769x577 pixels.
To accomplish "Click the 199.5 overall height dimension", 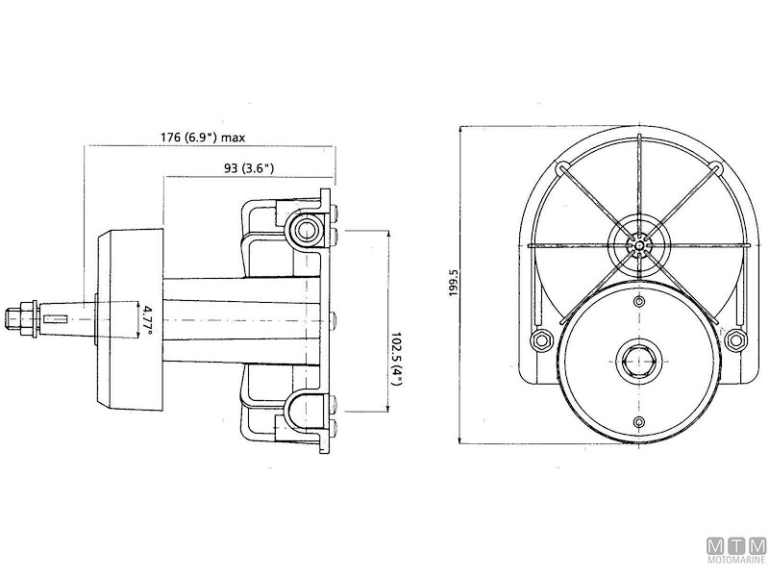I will pos(455,284).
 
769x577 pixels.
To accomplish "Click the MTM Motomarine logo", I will pos(735,549).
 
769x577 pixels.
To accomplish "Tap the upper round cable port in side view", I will pos(306,228).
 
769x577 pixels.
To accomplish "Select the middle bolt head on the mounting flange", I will pos(332,316).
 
